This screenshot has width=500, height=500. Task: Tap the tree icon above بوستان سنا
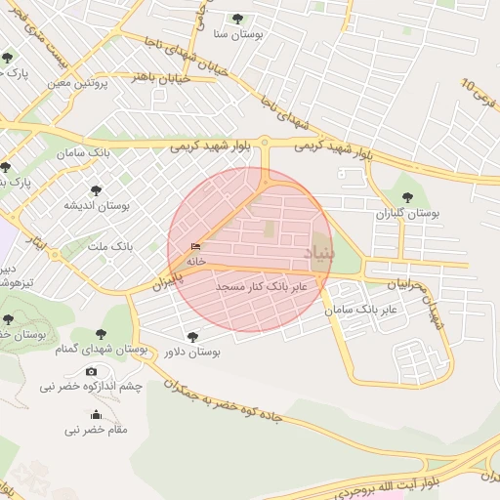tap(237, 19)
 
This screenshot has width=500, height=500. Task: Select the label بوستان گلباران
tap(407, 212)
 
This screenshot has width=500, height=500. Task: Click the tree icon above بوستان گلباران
tap(407, 197)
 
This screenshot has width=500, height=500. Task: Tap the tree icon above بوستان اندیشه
tap(96, 190)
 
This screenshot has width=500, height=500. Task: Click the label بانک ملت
tap(109, 248)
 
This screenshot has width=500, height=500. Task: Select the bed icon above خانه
tap(196, 247)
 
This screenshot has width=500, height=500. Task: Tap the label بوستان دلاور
tap(191, 351)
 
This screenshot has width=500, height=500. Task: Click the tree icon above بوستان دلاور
tap(192, 335)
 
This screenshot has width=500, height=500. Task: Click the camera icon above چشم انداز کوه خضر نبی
tap(92, 371)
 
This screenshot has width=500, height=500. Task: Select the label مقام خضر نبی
tap(97, 430)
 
